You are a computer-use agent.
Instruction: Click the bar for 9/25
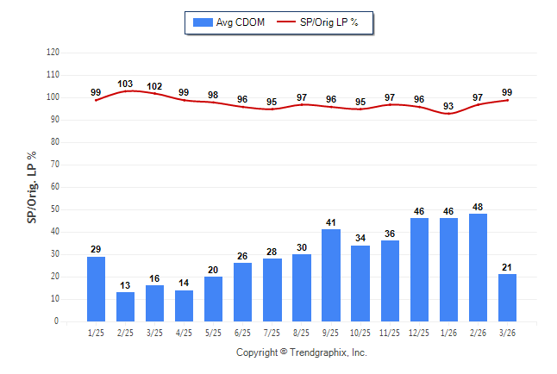coord(331,275)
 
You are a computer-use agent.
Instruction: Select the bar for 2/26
coord(478,267)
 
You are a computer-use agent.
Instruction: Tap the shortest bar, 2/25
coord(126,306)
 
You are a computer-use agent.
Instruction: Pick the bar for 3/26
coord(507,297)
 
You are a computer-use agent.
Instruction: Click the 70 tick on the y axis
coord(55,165)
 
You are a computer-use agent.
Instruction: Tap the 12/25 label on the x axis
coord(419,332)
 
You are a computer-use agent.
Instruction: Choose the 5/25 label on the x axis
coord(214,332)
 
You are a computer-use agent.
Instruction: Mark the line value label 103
coord(125,84)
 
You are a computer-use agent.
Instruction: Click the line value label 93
coord(448,107)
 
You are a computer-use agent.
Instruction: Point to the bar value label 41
coord(331,222)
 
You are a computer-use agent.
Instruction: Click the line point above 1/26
coord(448,114)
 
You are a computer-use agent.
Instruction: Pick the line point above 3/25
coord(155,93)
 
